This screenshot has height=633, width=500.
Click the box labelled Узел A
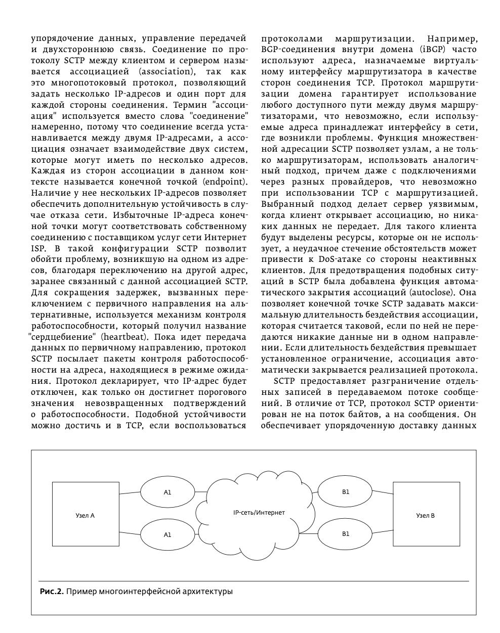[86, 516]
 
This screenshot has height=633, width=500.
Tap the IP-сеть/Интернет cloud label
[259, 513]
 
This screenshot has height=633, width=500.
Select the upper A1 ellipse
[168, 492]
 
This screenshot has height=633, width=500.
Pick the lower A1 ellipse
[168, 534]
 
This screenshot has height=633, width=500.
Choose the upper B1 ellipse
[346, 491]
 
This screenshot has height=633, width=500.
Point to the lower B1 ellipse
[346, 533]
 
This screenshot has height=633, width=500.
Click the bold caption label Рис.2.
[52, 591]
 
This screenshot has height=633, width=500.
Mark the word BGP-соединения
[294, 50]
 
